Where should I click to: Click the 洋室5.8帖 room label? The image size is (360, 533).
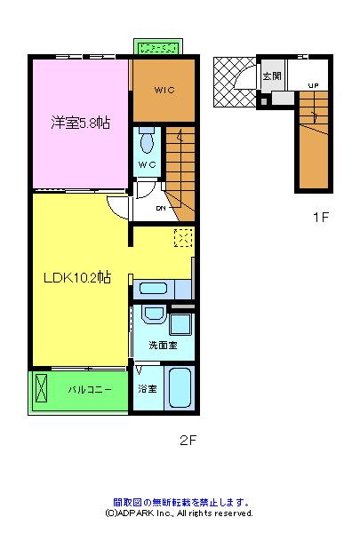coord(80,123)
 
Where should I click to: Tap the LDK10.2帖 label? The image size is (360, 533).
coord(77,277)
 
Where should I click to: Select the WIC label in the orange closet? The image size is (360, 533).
coord(164,91)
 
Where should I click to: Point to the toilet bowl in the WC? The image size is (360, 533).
coord(148,143)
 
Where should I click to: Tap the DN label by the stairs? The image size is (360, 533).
coord(161,209)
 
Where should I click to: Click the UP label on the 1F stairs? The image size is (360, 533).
coord(313,85)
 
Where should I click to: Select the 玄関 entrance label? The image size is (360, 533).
coord(272,76)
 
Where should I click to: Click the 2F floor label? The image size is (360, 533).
coord(187,440)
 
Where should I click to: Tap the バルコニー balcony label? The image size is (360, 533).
coord(91,389)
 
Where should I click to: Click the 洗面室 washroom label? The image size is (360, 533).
coord(163,345)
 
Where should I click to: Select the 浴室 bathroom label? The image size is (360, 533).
coord(147,389)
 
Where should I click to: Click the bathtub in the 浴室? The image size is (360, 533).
coord(180,387)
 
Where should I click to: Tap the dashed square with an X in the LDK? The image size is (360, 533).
coord(183,237)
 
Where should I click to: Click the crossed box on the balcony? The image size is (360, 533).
coord(42,389)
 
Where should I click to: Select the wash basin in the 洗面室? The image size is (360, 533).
coord(152,318)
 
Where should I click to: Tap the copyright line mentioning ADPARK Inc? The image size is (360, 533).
coord(179,513)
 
